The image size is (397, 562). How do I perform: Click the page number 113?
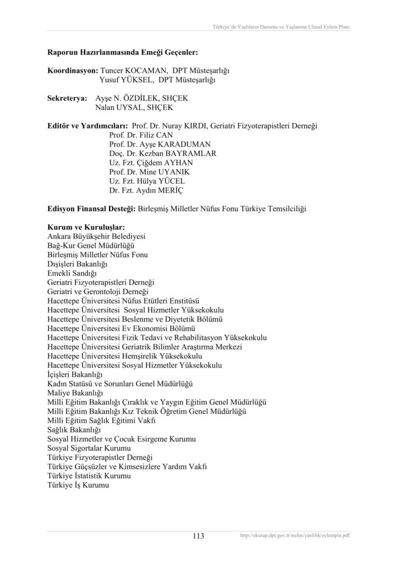pos(198,536)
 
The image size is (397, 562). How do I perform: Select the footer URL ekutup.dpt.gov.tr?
pos(295,536)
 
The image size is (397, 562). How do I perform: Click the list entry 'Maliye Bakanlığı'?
pos(76,393)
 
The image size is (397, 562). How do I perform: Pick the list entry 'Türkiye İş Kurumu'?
pos(79,486)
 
